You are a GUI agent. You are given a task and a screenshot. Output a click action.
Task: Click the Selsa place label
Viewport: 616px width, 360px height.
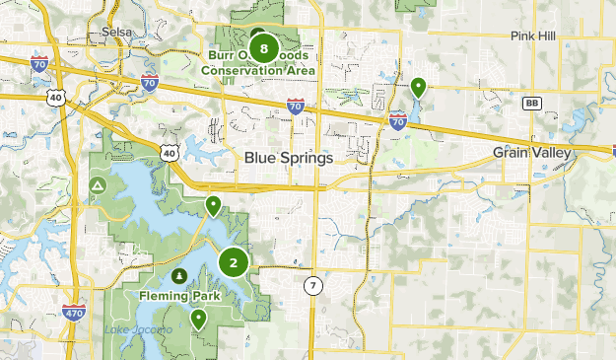click(x=117, y=33)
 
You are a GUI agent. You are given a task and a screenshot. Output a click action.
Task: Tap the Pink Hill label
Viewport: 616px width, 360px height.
click(x=533, y=36)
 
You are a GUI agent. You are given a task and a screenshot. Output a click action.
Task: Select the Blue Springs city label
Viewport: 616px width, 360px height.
click(x=289, y=157)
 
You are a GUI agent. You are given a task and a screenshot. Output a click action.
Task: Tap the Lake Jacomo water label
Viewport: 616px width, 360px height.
click(x=138, y=328)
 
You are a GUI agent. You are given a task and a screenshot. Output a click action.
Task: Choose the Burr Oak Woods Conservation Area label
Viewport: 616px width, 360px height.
click(x=260, y=62)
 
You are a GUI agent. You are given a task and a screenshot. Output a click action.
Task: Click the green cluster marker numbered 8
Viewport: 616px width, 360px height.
click(x=263, y=47)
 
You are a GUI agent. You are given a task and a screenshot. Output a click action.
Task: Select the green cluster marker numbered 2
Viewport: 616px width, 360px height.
click(x=234, y=262)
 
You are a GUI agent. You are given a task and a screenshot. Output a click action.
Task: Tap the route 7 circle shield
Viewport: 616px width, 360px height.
click(x=312, y=286)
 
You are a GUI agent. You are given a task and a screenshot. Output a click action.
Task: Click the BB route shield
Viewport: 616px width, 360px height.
click(x=533, y=103)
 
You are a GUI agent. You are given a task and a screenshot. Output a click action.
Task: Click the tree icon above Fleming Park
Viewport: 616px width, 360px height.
click(x=179, y=275)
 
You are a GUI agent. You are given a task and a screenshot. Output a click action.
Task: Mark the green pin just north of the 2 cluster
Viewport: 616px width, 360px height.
click(x=213, y=206)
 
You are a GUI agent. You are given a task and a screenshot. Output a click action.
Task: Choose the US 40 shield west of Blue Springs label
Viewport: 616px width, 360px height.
click(x=171, y=153)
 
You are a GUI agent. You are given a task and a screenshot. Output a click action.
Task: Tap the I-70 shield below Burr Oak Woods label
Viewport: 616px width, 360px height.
click(x=295, y=105)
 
